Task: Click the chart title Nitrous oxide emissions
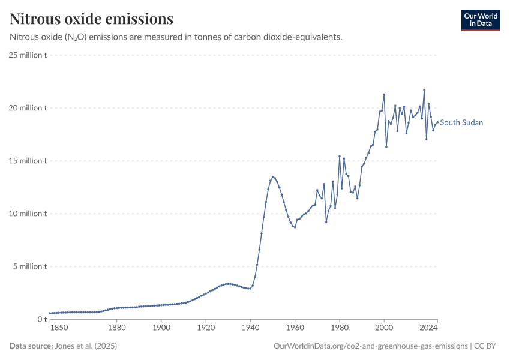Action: tap(92, 19)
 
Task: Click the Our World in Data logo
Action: tap(481, 20)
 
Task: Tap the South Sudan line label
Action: tap(461, 122)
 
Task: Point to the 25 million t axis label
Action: tap(28, 55)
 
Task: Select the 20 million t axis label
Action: tap(28, 108)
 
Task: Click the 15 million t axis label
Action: tap(28, 161)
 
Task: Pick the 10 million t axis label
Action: tap(28, 214)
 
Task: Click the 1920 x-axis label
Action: tap(206, 328)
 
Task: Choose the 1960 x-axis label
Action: tap(295, 328)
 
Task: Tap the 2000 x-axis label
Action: tap(384, 328)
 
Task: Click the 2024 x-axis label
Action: tap(428, 328)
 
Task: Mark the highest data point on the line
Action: tap(424, 90)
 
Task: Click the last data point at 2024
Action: tap(437, 122)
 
